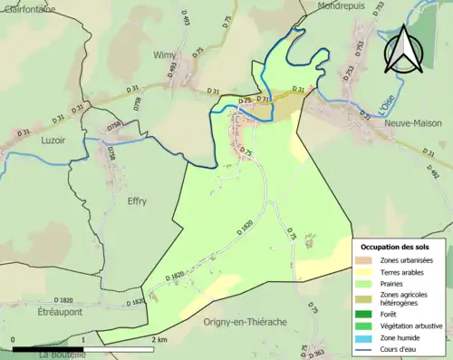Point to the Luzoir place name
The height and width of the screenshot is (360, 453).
[54, 141]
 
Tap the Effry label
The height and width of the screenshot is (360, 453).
[138, 201]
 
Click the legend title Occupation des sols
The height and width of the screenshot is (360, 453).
[401, 247]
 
